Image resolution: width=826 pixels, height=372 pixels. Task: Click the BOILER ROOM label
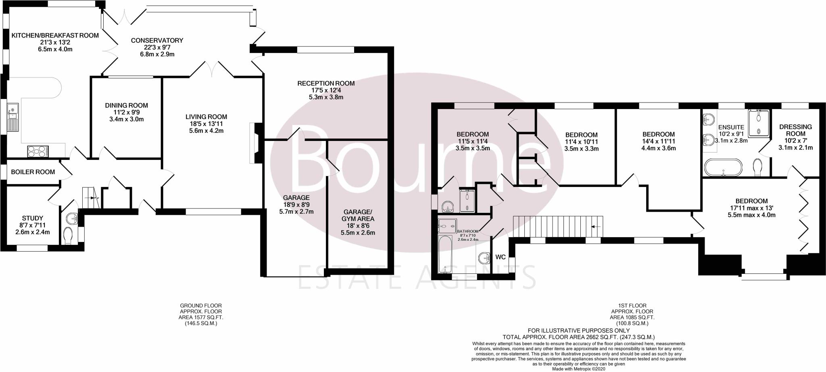click(33, 172)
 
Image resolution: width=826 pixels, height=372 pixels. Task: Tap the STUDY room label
click(33, 219)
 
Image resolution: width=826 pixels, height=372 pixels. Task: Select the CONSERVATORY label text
click(157, 40)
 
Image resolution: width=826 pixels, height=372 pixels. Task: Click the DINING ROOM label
click(127, 105)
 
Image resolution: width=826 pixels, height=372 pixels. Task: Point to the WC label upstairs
click(501, 257)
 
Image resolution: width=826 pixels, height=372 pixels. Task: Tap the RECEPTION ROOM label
click(326, 84)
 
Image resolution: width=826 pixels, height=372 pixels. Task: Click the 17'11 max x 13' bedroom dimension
click(751, 208)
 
